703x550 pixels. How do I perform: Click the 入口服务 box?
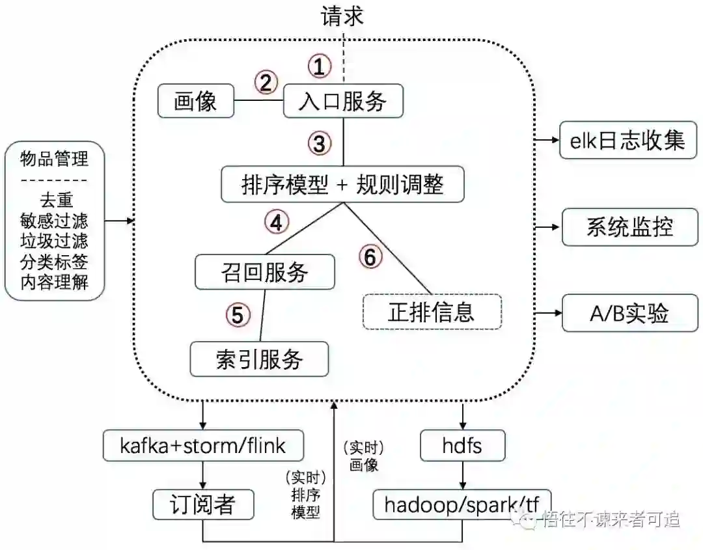pyautogui.click(x=343, y=102)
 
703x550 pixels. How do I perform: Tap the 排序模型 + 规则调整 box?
pyautogui.click(x=343, y=185)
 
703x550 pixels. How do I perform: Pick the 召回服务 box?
pyautogui.click(x=264, y=272)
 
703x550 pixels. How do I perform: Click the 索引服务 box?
pyautogui.click(x=259, y=359)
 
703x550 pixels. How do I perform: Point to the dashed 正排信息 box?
pyautogui.click(x=432, y=312)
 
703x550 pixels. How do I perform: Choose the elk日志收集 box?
pyautogui.click(x=627, y=141)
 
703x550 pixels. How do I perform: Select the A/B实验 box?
pyautogui.click(x=628, y=314)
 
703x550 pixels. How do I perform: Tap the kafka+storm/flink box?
pyautogui.click(x=203, y=446)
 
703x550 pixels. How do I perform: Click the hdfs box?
pyautogui.click(x=462, y=446)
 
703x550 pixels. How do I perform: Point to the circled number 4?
pyautogui.click(x=276, y=222)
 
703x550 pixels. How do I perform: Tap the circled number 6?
pyautogui.click(x=370, y=258)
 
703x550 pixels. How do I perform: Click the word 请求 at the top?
pyautogui.click(x=342, y=16)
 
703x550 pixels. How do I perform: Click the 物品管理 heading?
pyautogui.click(x=54, y=158)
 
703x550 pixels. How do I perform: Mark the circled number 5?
pyautogui.click(x=238, y=315)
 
